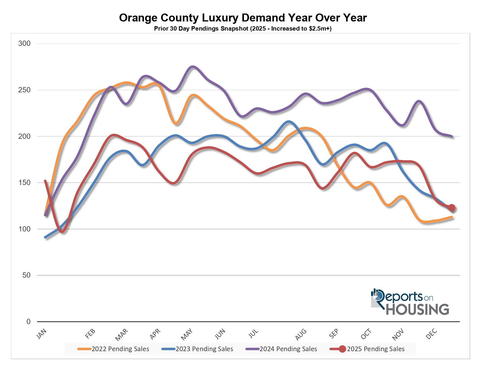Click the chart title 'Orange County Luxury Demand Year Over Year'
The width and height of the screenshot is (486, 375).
tap(243, 18)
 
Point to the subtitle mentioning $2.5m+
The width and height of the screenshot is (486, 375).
tap(243, 29)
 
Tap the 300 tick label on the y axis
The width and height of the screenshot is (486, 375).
tap(24, 44)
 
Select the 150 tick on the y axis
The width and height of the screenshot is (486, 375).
tap(24, 183)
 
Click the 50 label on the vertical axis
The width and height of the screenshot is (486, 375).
tap(26, 275)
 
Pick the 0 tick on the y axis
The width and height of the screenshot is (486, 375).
tap(28, 322)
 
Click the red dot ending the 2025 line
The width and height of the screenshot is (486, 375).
tap(452, 208)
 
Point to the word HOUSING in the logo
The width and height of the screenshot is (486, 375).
tap(417, 309)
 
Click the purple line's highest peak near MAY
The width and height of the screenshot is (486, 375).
tap(193, 66)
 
